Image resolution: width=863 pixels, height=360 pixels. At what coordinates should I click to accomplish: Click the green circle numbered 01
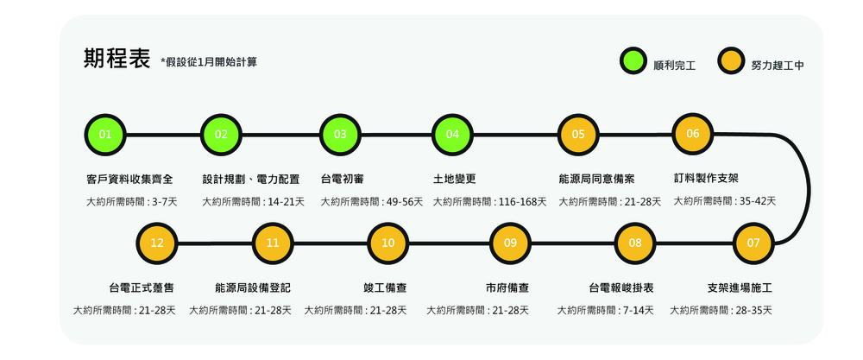coord(105,135)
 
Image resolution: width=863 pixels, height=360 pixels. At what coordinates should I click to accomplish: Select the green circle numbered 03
coord(340,135)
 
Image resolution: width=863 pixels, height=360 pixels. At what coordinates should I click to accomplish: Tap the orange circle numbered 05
coord(578,135)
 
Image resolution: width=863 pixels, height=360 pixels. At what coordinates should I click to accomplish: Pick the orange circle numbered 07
coord(753,243)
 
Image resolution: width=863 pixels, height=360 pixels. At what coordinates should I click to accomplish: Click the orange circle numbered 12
coord(157,243)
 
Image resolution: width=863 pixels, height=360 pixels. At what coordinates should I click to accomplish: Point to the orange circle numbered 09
coord(510,243)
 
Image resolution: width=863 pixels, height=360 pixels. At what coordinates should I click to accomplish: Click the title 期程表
coord(117,59)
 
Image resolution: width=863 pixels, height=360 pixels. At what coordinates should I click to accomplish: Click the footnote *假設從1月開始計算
coord(209,62)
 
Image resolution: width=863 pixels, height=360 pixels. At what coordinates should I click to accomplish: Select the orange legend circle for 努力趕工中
coord(731,61)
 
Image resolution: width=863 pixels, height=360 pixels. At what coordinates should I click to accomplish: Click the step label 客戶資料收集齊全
coord(130,180)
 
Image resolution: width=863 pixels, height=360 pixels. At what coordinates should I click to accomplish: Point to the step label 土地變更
coord(454,180)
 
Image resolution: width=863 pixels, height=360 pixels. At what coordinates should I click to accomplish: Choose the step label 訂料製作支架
coord(706,179)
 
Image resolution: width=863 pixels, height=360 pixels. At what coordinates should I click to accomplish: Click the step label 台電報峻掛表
coord(620,288)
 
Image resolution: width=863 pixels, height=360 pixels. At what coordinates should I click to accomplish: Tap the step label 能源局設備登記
coord(253,288)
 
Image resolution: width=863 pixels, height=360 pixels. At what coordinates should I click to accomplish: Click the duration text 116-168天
coord(522,202)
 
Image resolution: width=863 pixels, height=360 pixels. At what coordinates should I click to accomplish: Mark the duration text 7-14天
coord(639,311)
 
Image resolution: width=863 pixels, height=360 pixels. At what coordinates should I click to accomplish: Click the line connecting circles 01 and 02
coord(163,135)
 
